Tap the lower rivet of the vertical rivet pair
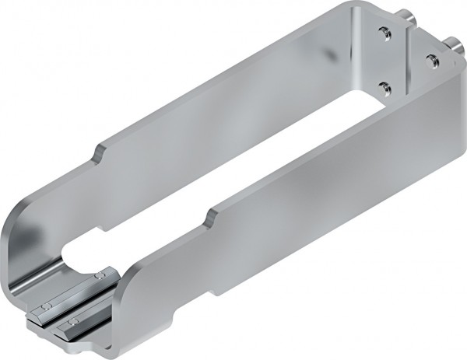(384, 86)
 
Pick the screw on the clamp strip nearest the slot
(99, 277)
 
